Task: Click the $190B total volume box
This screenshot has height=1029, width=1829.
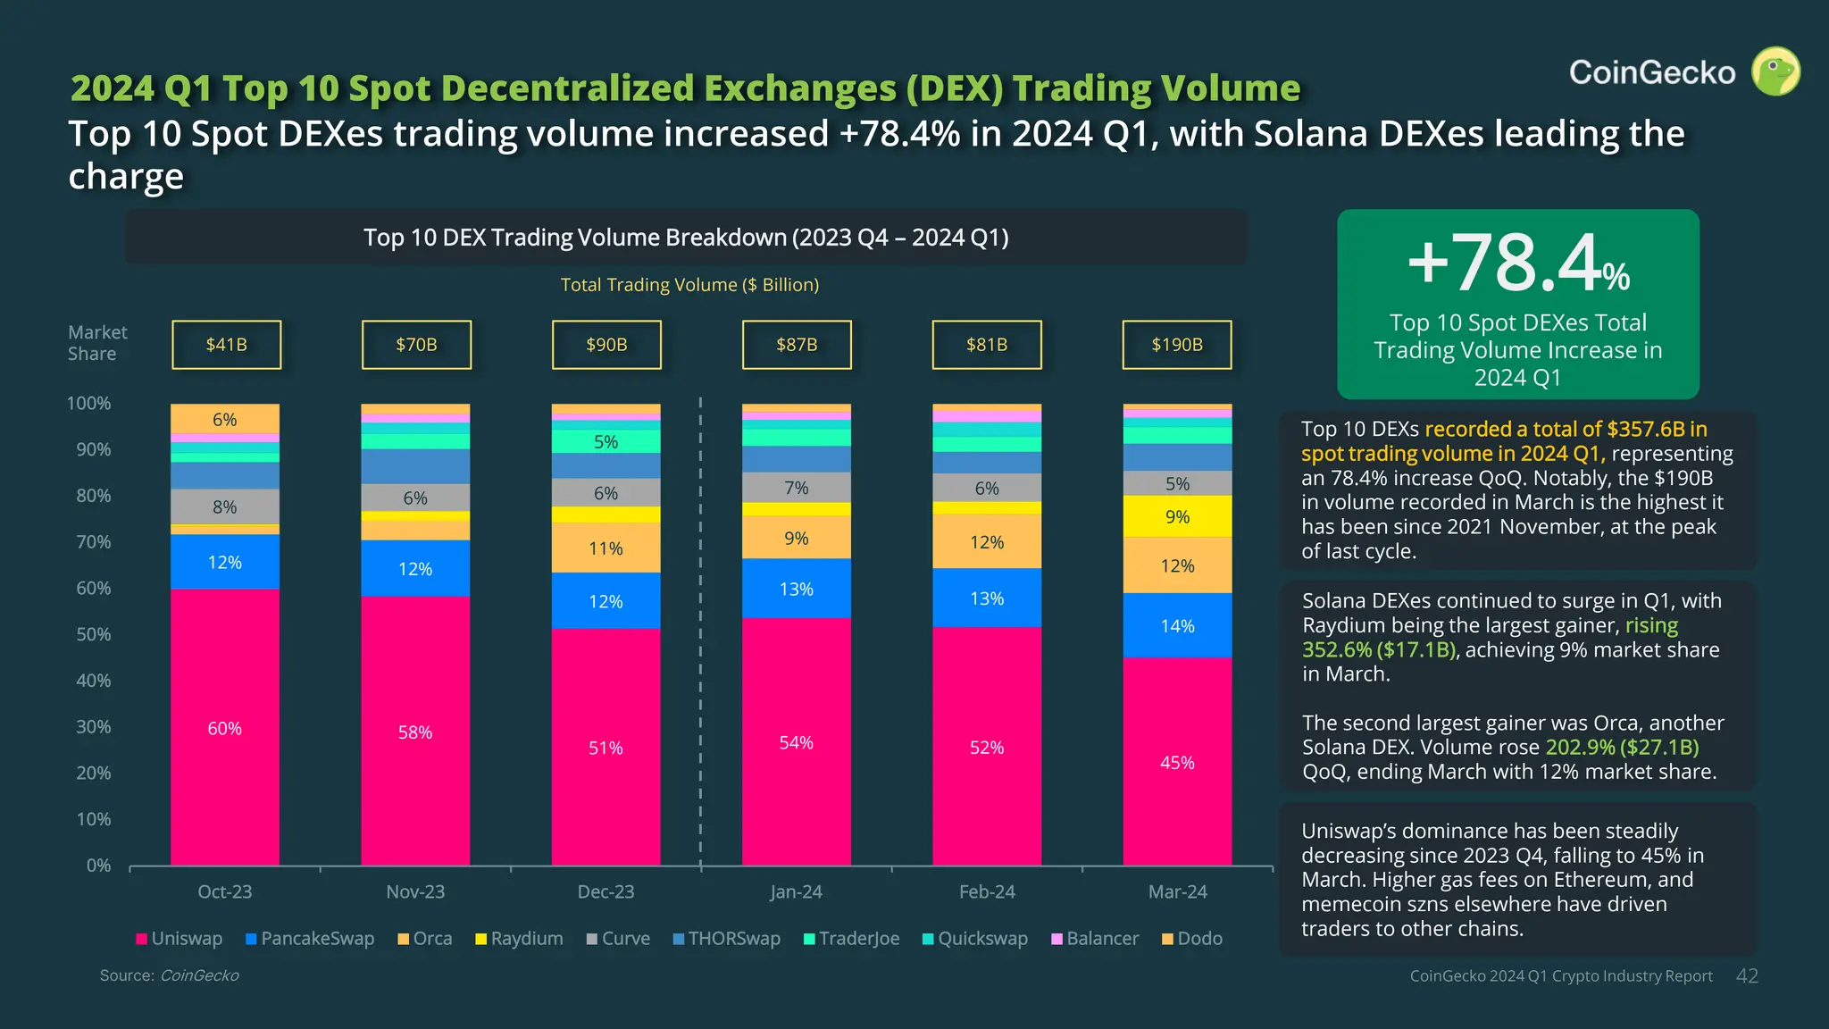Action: (x=1176, y=345)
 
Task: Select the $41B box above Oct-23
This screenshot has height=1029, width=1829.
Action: (x=226, y=345)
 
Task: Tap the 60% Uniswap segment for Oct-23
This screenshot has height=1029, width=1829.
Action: (x=225, y=727)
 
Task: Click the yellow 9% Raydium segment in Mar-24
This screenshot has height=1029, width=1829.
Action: (x=1177, y=516)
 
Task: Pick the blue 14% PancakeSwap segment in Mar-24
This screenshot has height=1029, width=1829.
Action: (x=1177, y=625)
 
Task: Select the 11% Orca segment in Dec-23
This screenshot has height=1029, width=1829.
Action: (x=605, y=548)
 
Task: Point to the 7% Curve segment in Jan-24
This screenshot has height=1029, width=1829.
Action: (x=796, y=488)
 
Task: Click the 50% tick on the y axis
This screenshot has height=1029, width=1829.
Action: (x=93, y=634)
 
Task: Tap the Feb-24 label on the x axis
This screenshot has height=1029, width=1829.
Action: (x=987, y=891)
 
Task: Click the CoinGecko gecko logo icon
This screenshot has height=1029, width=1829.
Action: (x=1775, y=71)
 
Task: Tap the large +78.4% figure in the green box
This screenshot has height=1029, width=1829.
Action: (x=1517, y=263)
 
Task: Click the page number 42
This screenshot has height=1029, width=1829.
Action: (x=1747, y=976)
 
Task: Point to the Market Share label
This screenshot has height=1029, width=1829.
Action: (x=96, y=343)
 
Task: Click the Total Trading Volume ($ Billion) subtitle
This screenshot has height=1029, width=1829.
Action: (x=689, y=285)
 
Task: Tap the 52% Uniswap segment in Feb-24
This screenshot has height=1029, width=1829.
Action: (x=987, y=747)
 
